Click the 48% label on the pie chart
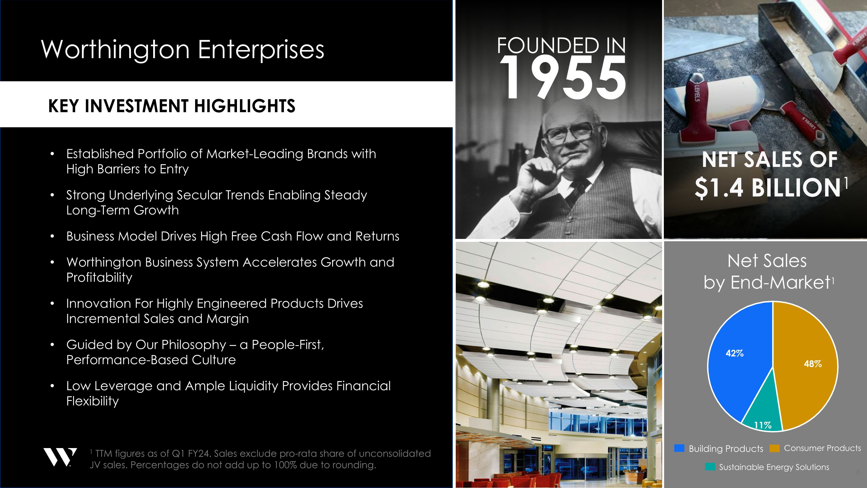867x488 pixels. tap(812, 364)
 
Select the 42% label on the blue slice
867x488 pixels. tap(734, 353)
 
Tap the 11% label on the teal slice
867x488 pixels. tap(763, 425)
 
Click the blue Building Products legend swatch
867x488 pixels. tap(679, 448)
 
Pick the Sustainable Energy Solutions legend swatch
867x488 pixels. tap(710, 467)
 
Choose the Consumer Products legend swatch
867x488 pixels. tap(775, 448)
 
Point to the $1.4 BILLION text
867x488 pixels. tap(768, 187)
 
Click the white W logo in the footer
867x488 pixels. tap(60, 457)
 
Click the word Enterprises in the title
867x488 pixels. tap(261, 49)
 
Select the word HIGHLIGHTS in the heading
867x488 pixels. tap(245, 106)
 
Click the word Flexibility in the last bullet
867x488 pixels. tap(92, 401)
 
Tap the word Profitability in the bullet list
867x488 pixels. tap(99, 277)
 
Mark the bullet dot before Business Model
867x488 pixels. tap(52, 236)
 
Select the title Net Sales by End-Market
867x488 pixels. tap(767, 271)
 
